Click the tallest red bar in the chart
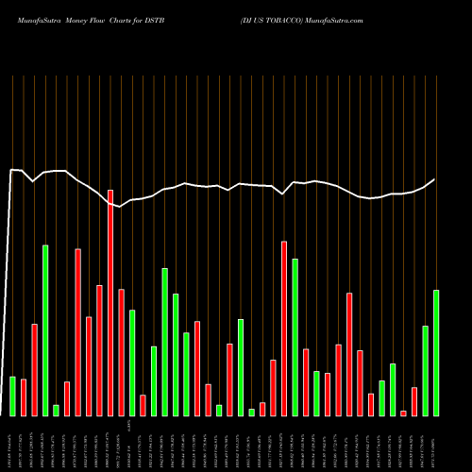(110, 302)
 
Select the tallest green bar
(45, 330)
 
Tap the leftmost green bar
(12, 396)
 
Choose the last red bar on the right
(414, 401)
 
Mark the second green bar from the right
(425, 370)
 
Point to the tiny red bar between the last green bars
(403, 413)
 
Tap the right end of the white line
(435, 179)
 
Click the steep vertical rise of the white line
(8, 283)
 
